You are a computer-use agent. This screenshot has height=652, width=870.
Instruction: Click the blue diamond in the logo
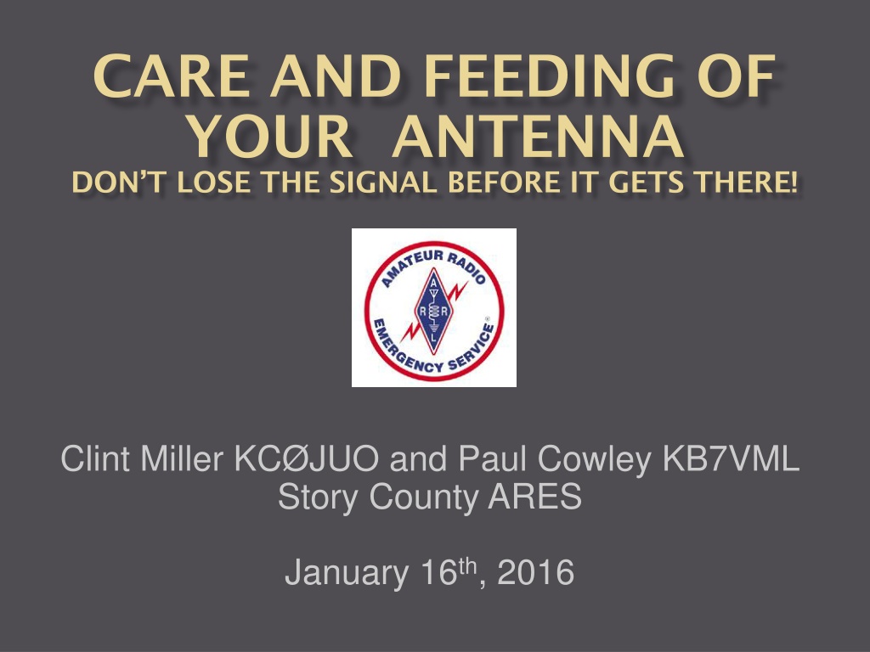coord(434,311)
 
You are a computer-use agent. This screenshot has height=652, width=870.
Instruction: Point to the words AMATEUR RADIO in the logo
coord(433,265)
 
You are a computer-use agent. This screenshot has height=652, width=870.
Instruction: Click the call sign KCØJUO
coord(307,459)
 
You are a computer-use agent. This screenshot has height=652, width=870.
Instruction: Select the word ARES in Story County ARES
coord(535,496)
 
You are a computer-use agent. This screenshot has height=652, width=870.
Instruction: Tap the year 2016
coord(535,573)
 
